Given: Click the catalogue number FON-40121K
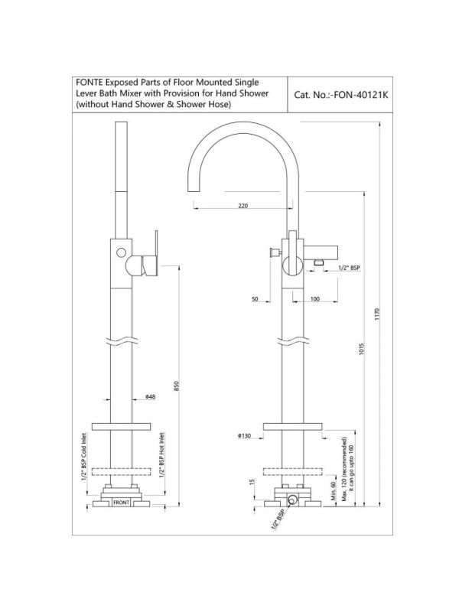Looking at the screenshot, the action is click(359, 95).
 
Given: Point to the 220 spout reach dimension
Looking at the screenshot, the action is click(243, 206).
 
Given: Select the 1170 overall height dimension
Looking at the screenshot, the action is click(377, 314).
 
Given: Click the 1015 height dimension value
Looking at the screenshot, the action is click(361, 349).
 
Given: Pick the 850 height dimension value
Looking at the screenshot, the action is click(176, 386).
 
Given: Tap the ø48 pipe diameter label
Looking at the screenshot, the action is click(150, 397).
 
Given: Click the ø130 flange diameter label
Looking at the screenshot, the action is click(244, 436).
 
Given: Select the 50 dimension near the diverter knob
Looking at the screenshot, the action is click(255, 299).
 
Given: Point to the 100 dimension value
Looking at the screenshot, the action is click(314, 299).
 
